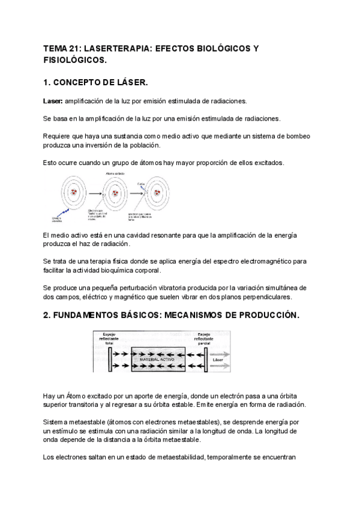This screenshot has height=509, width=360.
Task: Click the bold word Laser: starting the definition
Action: coord(53,101)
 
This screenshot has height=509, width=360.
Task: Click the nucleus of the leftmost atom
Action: coord(73,192)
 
